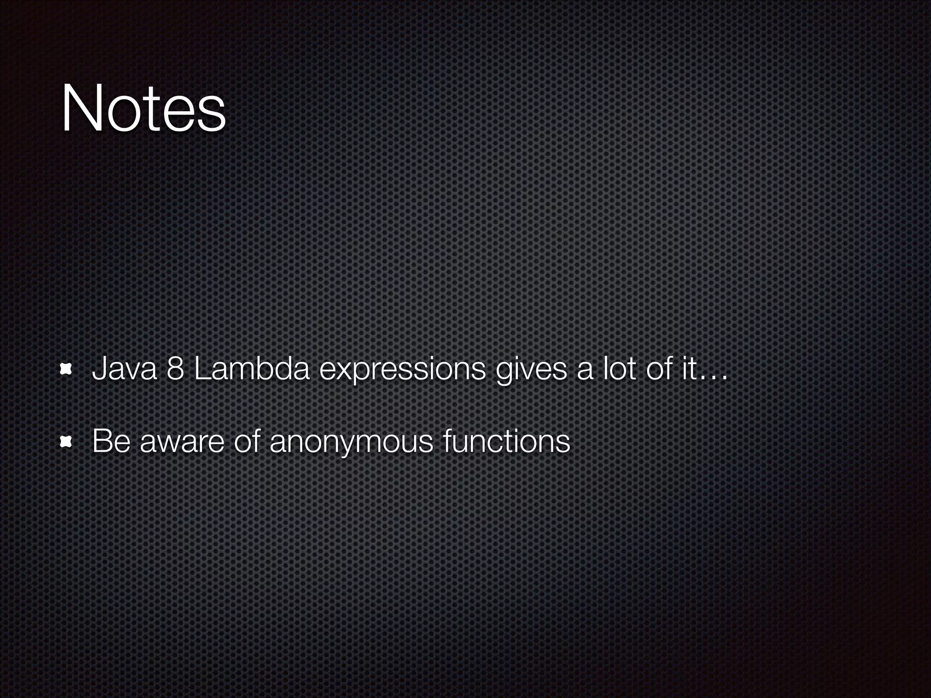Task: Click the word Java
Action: (124, 369)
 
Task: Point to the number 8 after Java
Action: (175, 369)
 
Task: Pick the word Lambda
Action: (251, 369)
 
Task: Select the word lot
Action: (619, 369)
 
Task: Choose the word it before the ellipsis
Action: (687, 369)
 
